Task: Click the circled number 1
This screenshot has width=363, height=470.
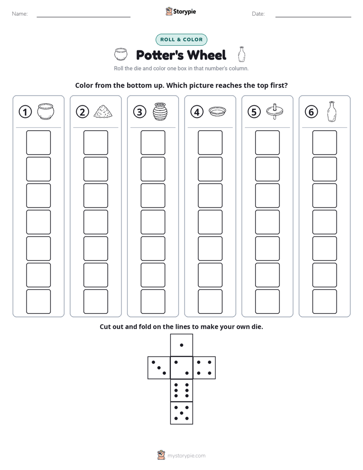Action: pos(25,112)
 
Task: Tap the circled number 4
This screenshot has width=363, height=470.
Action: pos(197,112)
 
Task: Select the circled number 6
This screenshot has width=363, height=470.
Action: pos(311,112)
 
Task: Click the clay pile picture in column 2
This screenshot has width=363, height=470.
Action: pos(103,111)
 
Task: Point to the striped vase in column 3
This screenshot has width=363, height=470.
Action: pos(160,111)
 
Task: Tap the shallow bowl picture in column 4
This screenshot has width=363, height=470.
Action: pos(218,111)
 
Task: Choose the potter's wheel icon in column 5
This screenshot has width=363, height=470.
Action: pos(275,111)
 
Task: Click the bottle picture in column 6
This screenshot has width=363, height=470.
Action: pos(331,111)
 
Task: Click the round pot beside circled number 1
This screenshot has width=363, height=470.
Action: pos(46,111)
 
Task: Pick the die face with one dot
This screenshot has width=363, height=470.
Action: pos(181,345)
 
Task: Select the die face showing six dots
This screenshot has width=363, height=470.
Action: pos(181,390)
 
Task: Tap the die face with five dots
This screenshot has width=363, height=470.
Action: pos(181,413)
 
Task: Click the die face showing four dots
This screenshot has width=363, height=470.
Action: pos(204,368)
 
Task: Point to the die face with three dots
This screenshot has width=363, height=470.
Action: pos(159,368)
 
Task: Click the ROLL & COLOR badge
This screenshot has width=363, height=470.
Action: pos(181,40)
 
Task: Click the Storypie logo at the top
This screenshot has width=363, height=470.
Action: pos(181,11)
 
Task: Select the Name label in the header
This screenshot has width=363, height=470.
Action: pos(20,14)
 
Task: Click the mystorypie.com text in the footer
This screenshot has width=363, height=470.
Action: pos(186,456)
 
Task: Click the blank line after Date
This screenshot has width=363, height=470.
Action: pos(313,17)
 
